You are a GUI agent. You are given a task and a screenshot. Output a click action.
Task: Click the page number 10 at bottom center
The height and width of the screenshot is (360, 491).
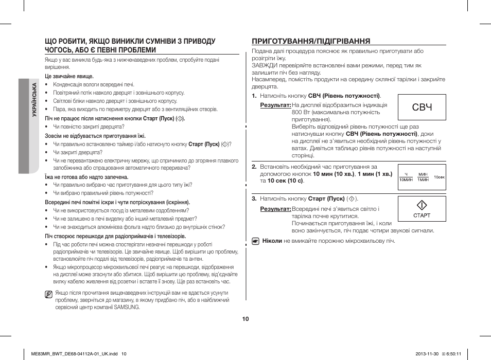[x=246, y=319]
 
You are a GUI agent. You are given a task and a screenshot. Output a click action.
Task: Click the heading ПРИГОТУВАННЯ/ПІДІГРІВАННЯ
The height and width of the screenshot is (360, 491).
[x=311, y=41]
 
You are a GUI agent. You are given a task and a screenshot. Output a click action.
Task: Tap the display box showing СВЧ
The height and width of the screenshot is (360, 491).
[x=422, y=107]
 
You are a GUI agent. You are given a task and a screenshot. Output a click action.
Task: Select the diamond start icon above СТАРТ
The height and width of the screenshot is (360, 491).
[x=422, y=205]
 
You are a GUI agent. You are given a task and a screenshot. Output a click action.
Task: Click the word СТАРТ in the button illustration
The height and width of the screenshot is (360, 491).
[x=422, y=215]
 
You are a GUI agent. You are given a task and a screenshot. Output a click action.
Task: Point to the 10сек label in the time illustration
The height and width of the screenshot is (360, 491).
[x=439, y=177]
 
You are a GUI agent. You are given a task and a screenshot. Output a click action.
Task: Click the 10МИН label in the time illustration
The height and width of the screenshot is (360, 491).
[x=407, y=179]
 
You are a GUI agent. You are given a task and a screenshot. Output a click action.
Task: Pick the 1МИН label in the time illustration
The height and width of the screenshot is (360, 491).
[x=423, y=179]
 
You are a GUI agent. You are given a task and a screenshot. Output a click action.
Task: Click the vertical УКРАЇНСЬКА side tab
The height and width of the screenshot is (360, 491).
[x=34, y=100]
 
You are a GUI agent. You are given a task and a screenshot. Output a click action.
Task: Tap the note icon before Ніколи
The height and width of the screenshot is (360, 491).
[x=255, y=241]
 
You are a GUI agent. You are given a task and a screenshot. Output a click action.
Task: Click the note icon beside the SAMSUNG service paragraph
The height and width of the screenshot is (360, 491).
[x=48, y=295]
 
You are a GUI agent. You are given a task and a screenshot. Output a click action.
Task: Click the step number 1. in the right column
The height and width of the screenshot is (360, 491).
[x=254, y=96]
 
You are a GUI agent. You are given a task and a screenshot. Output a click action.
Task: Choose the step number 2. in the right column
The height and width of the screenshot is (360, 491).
[x=254, y=167]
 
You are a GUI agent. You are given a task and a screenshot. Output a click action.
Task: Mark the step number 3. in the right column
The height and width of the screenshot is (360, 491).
[x=254, y=199]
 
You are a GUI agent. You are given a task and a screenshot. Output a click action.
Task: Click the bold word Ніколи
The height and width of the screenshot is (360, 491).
[x=272, y=241]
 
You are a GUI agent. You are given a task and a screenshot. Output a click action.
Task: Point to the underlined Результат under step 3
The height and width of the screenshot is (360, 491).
[x=275, y=209]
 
